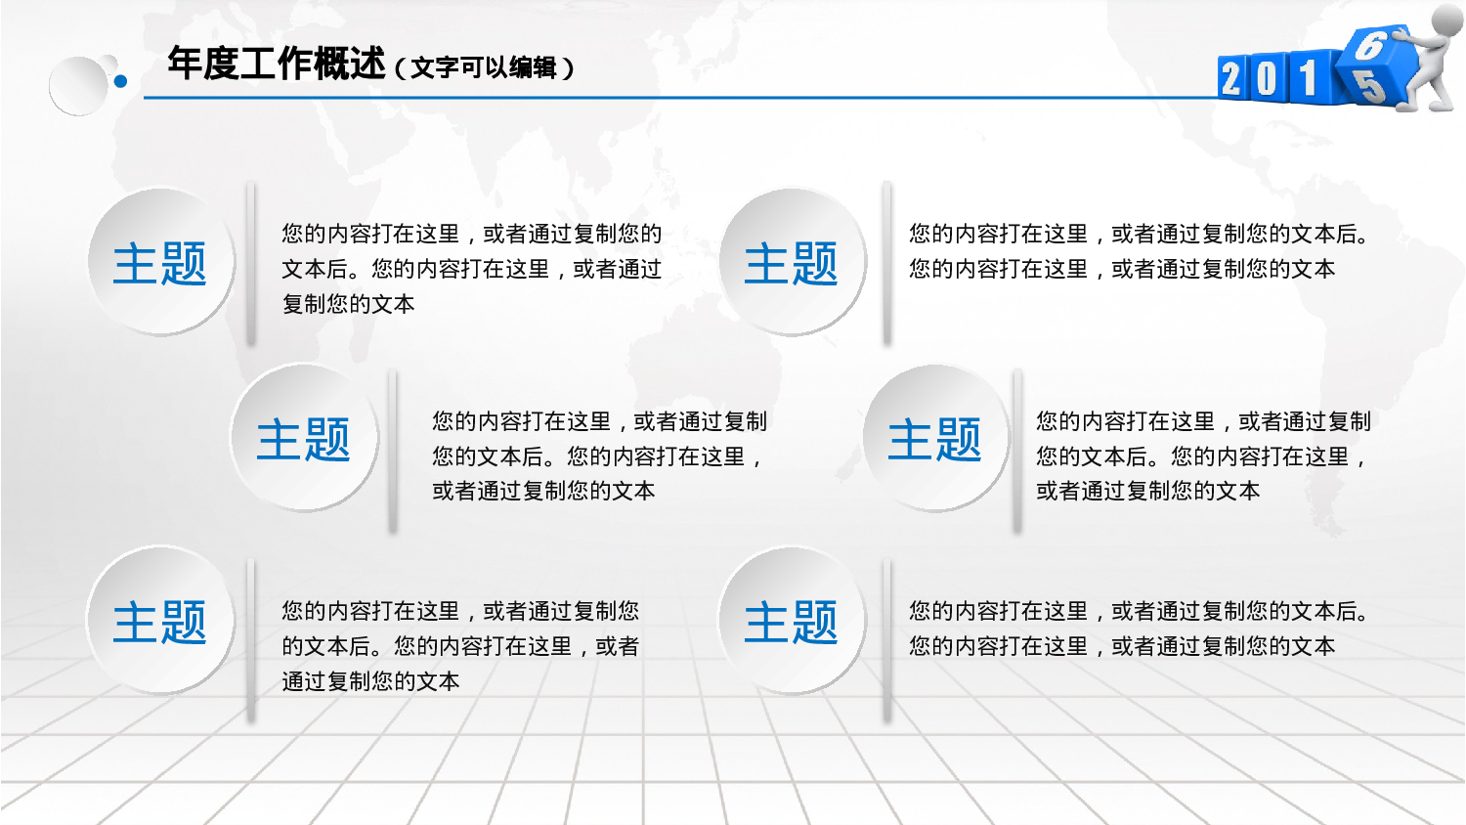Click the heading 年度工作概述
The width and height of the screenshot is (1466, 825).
click(277, 65)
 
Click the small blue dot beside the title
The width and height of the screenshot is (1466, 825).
click(120, 82)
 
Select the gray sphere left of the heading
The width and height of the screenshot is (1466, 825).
click(78, 86)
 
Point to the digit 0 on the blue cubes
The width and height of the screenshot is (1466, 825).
click(1267, 79)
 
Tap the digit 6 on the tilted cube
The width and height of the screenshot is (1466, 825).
click(1369, 46)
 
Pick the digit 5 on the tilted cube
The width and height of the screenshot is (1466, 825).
click(1368, 87)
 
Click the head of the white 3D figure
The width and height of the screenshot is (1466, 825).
click(1447, 19)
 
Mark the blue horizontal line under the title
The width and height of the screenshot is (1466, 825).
click(680, 98)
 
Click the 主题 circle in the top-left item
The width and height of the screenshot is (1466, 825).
click(161, 262)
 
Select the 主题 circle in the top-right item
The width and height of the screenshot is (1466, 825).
click(793, 262)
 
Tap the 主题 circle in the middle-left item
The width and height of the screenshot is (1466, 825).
click(304, 437)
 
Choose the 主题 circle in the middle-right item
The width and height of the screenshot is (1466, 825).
click(936, 437)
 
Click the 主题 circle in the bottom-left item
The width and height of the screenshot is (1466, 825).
click(161, 620)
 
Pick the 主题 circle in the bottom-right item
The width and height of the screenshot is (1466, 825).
click(793, 620)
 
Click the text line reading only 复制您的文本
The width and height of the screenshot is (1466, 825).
click(349, 304)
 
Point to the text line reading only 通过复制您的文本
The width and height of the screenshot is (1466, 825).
click(371, 681)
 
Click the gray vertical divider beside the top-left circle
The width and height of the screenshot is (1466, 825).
click(250, 263)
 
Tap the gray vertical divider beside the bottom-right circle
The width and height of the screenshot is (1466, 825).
click(886, 641)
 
